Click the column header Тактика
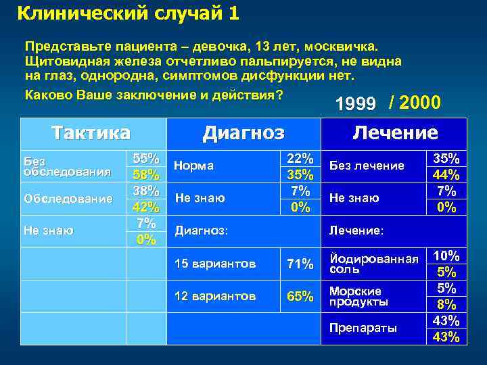click(x=91, y=132)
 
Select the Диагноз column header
click(x=243, y=132)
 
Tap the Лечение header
click(x=395, y=132)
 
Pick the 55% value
click(x=145, y=158)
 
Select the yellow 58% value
click(x=145, y=174)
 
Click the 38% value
click(x=145, y=191)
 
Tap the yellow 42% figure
click(x=145, y=207)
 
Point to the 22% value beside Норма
click(x=300, y=158)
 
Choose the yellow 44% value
click(x=446, y=174)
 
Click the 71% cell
click(x=300, y=264)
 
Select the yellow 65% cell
click(x=300, y=296)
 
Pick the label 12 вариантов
click(x=216, y=296)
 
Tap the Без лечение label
click(x=367, y=166)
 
